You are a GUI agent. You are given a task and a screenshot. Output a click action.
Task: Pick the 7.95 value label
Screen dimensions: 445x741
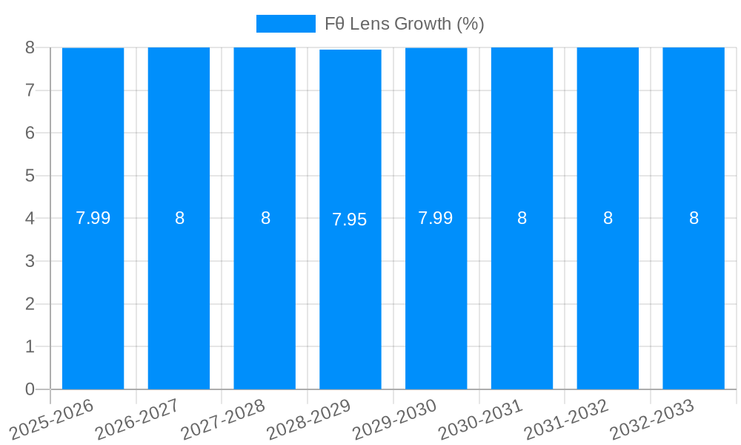point(350,220)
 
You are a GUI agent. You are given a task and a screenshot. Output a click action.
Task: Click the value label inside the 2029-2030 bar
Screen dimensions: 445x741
point(436,218)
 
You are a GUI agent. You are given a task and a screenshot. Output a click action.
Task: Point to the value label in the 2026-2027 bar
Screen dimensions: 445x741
point(179,218)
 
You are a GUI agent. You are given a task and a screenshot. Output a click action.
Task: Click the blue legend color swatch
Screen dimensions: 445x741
point(285,24)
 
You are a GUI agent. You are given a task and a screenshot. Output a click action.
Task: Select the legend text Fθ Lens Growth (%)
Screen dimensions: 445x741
point(404,24)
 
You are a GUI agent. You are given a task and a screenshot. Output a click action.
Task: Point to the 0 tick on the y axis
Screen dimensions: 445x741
point(30,389)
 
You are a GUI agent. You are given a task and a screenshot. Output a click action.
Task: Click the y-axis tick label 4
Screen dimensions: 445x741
point(30,219)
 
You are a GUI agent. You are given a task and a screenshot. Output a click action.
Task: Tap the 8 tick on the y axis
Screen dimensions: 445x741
point(30,47)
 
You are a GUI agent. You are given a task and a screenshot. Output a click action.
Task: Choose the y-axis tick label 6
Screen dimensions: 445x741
point(30,133)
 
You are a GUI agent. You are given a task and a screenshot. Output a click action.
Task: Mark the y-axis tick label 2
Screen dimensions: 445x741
point(30,304)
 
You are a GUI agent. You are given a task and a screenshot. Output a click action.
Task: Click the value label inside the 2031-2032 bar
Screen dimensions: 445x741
point(608,218)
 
